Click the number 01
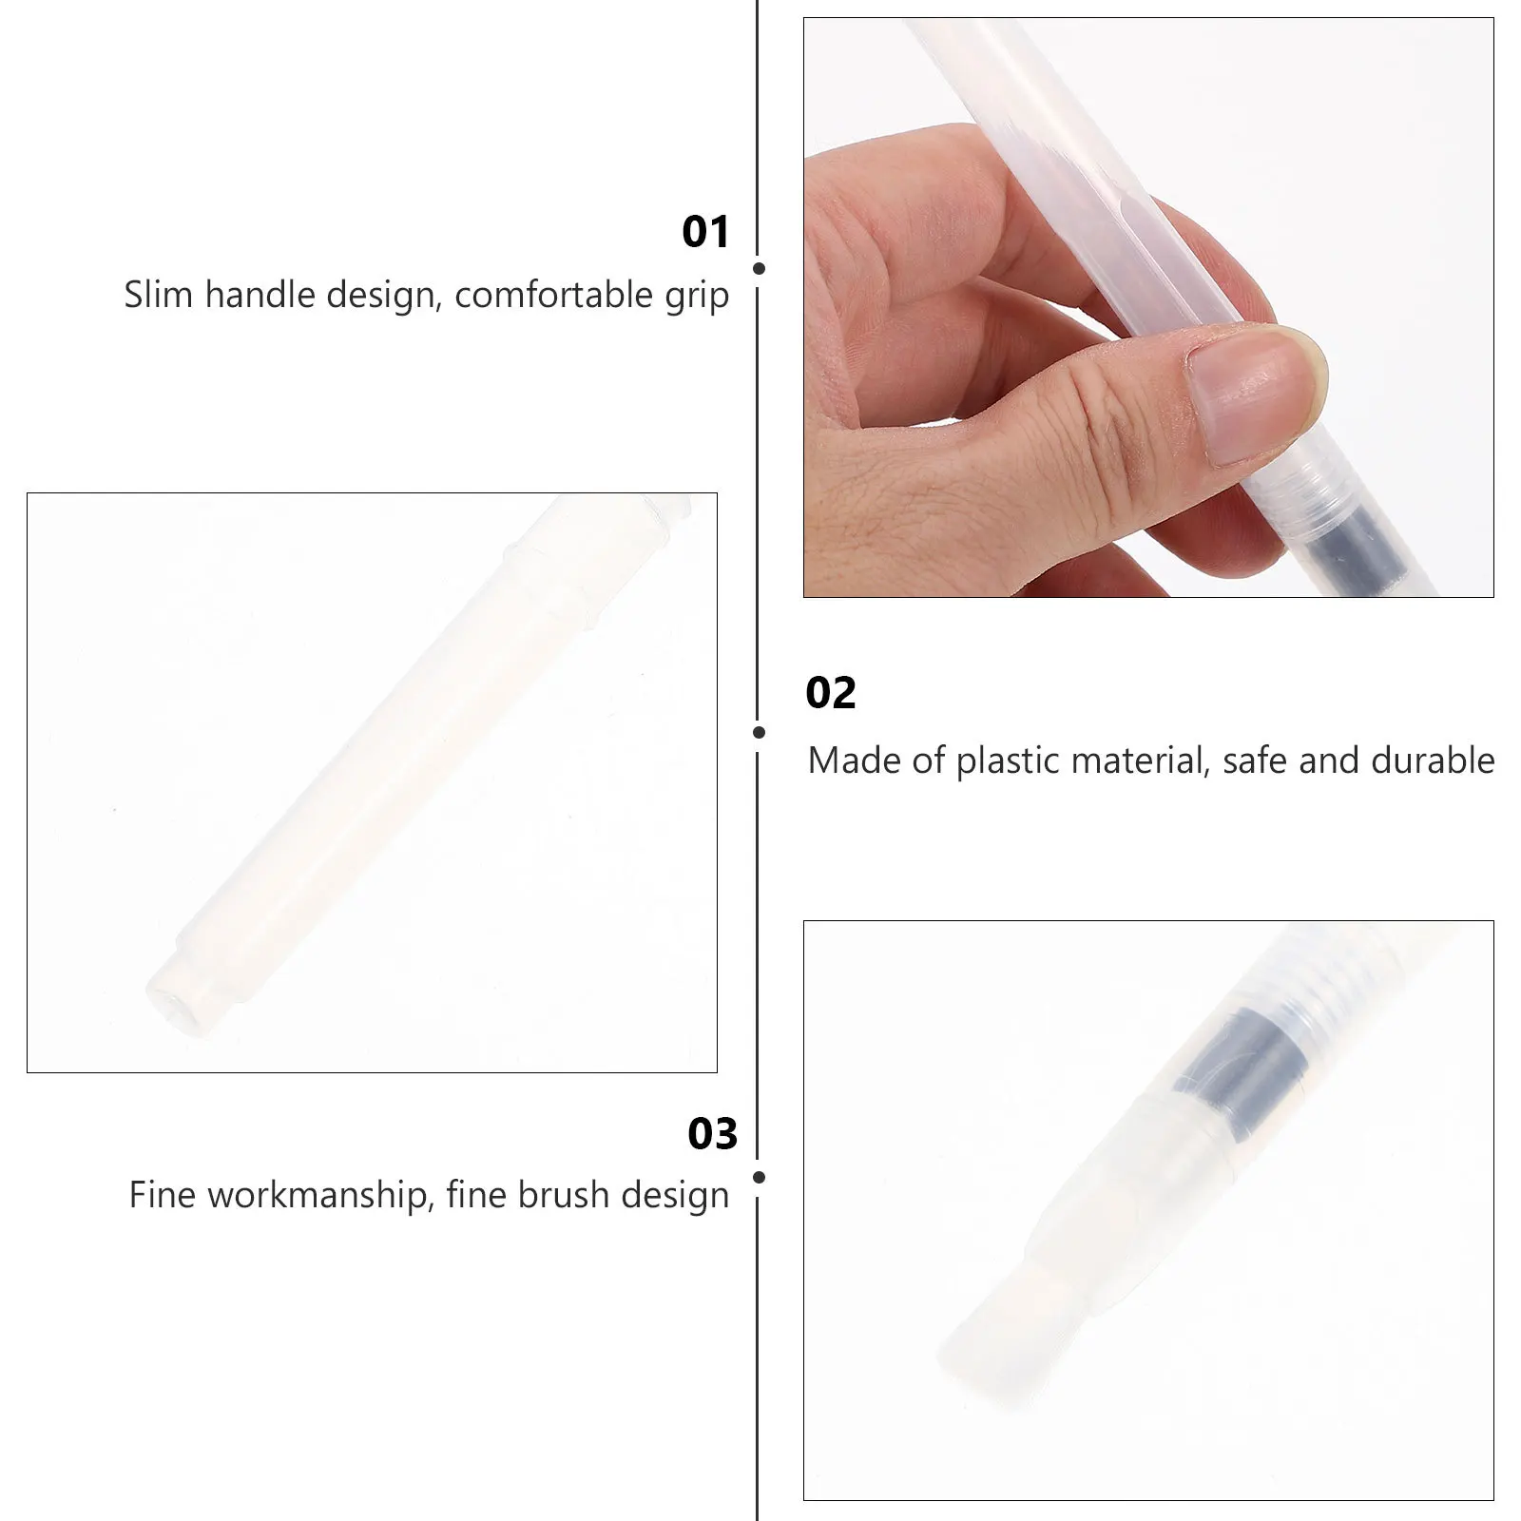tap(705, 232)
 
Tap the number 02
tap(830, 693)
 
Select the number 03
tap(712, 1133)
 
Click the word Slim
tap(159, 295)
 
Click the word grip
tap(696, 297)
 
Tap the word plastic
tap(1008, 760)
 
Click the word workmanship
tap(316, 1195)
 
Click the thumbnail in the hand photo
tap(1245, 390)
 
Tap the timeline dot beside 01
tap(759, 269)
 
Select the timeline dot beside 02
tap(759, 732)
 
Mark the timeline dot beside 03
tap(759, 1177)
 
